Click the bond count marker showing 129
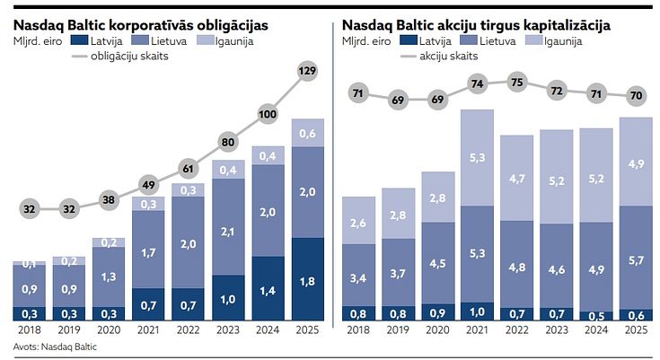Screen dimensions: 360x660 pyautogui.click(x=308, y=71)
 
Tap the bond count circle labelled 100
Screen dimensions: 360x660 pyautogui.click(x=268, y=114)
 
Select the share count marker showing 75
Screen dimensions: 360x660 pyautogui.click(x=515, y=82)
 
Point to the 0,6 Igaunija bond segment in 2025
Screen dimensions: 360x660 pyautogui.click(x=308, y=133)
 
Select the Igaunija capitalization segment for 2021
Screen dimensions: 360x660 pyautogui.click(x=476, y=158)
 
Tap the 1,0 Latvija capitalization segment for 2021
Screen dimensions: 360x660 pyautogui.click(x=476, y=312)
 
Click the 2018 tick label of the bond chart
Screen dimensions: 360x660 pyautogui.click(x=29, y=331)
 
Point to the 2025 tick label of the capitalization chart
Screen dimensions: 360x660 pyautogui.click(x=636, y=331)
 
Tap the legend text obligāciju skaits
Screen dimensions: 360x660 pyautogui.click(x=130, y=56)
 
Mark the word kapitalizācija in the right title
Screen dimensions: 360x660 pyautogui.click(x=556, y=26)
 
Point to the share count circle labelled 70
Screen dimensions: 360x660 pyautogui.click(x=636, y=94)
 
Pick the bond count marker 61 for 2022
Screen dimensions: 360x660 pyautogui.click(x=188, y=168)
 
